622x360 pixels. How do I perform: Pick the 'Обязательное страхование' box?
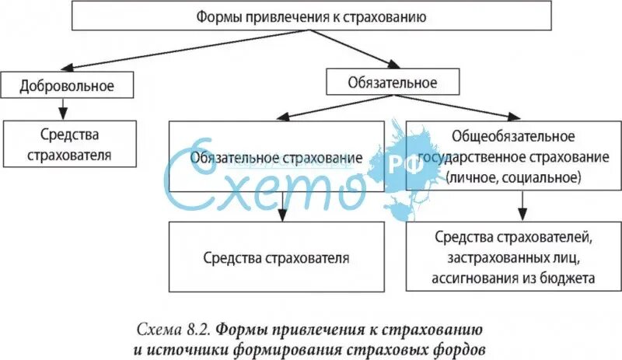(x=278, y=158)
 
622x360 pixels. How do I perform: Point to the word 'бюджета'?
(x=571, y=277)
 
